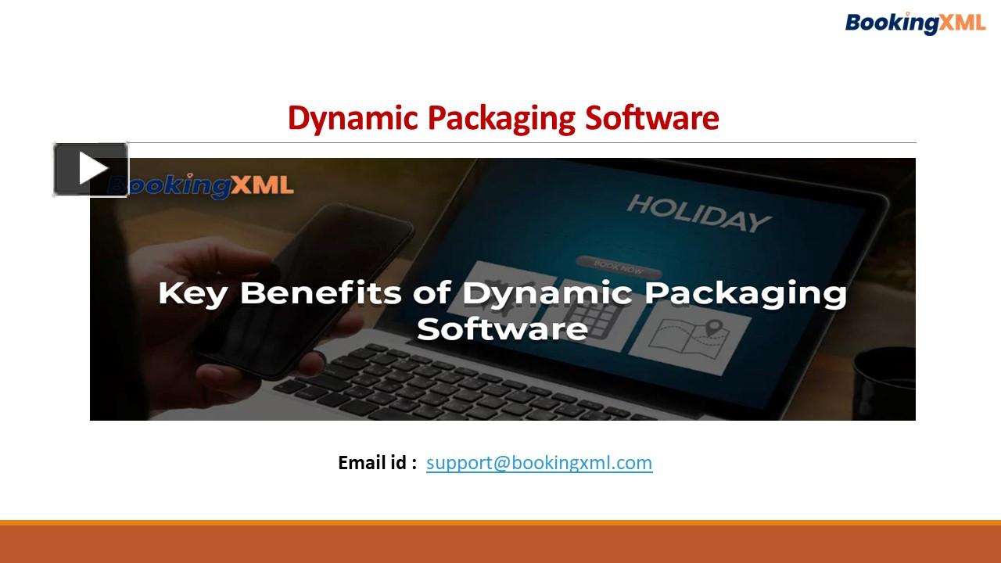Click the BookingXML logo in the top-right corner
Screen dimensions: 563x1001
click(x=915, y=23)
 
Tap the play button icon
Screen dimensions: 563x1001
click(x=91, y=169)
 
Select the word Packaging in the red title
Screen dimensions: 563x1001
click(x=503, y=118)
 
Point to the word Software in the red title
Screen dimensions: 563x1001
click(x=652, y=118)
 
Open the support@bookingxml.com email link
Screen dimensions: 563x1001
click(x=539, y=463)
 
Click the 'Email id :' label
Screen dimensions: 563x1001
click(x=377, y=463)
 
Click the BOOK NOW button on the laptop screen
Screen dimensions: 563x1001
click(x=619, y=266)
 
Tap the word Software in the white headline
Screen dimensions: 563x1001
click(x=502, y=328)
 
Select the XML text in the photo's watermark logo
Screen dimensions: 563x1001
click(x=262, y=185)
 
